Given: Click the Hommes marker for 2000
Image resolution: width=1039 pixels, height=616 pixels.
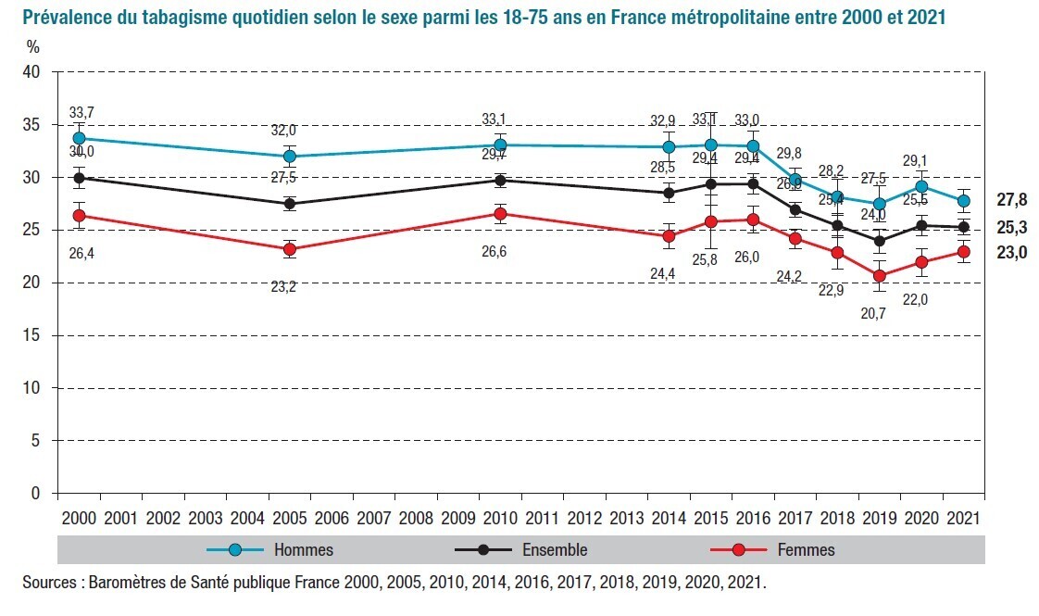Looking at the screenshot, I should click(x=79, y=138).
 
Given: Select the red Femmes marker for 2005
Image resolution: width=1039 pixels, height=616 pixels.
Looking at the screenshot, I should click(x=289, y=249).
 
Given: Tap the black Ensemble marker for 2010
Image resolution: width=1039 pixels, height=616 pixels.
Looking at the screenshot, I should click(x=499, y=181).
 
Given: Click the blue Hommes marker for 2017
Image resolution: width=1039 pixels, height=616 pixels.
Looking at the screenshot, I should click(x=795, y=180).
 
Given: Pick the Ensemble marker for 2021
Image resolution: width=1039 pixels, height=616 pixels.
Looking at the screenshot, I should click(x=964, y=227).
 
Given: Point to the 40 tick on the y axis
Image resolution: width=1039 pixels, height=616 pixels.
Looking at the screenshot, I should click(x=36, y=72).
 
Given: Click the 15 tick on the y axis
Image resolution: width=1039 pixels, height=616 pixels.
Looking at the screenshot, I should click(x=36, y=335).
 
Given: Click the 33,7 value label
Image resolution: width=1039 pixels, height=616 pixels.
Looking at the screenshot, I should click(x=81, y=113).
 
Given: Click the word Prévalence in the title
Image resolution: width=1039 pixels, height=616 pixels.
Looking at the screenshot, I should click(x=61, y=18).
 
